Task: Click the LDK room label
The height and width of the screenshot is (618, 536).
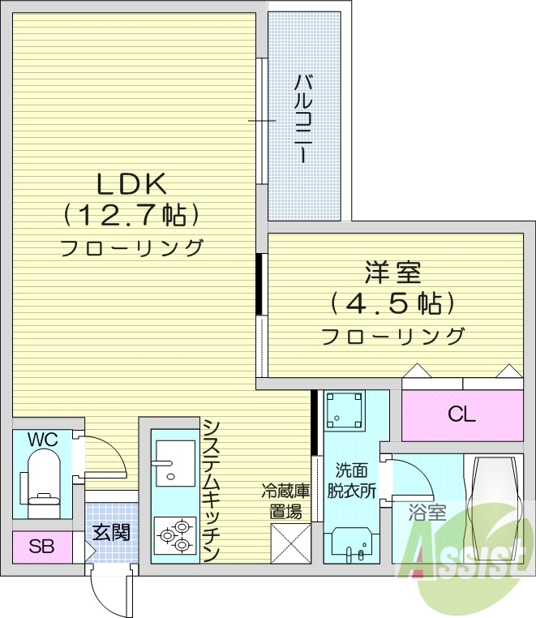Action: pyautogui.click(x=131, y=185)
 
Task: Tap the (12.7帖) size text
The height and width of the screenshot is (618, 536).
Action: pyautogui.click(x=131, y=216)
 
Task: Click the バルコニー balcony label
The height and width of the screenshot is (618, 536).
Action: pyautogui.click(x=304, y=118)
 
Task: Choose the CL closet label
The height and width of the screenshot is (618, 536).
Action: pyautogui.click(x=462, y=415)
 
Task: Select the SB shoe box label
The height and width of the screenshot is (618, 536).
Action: pyautogui.click(x=41, y=547)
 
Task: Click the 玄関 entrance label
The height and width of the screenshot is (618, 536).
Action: pyautogui.click(x=111, y=532)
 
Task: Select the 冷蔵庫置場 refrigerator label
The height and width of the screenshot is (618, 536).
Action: pyautogui.click(x=286, y=500)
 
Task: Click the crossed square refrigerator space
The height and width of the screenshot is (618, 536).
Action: pyautogui.click(x=290, y=543)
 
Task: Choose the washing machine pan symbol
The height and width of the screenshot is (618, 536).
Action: pyautogui.click(x=345, y=411)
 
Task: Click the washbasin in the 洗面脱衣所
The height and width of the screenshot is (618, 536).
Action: pyautogui.click(x=351, y=544)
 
